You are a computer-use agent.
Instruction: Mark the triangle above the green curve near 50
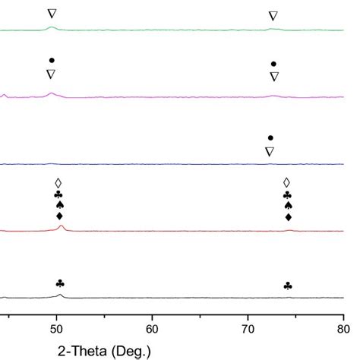(52, 14)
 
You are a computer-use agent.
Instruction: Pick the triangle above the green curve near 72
(273, 16)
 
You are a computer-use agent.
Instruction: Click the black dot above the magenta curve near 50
(52, 60)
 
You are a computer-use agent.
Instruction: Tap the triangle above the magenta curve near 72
(274, 77)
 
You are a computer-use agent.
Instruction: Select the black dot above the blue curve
(270, 137)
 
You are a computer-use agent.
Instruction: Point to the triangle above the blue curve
(270, 151)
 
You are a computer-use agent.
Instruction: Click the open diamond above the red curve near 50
(58, 183)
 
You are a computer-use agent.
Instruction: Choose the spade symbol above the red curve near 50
(59, 205)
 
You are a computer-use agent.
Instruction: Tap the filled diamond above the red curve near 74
(288, 218)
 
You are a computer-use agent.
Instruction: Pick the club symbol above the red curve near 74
(287, 195)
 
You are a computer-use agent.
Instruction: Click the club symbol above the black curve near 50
(60, 283)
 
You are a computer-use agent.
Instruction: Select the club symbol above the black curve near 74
(288, 286)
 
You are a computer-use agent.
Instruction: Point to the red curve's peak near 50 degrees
(62, 226)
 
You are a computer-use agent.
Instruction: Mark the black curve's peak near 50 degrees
(60, 294)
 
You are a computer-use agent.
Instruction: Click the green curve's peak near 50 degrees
(52, 27)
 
